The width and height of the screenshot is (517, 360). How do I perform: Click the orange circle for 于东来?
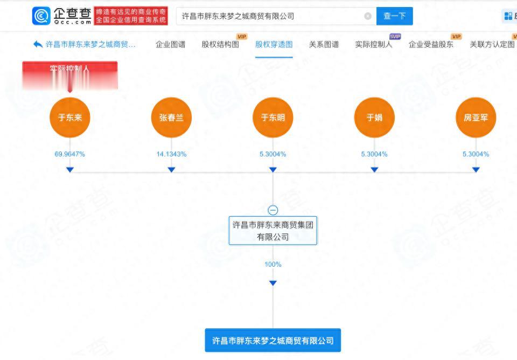pos(70,117)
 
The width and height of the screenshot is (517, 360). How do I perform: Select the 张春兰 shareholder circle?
pos(171,117)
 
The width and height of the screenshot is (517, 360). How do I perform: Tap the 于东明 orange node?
pos(273,117)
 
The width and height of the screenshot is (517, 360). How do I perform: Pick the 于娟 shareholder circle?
pos(374,117)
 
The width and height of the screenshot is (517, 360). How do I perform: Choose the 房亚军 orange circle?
pos(476,117)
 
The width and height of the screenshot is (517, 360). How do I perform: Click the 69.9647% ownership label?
pos(70,154)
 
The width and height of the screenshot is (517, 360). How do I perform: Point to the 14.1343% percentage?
pos(171,154)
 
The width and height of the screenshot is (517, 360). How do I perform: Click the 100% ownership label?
pos(273,265)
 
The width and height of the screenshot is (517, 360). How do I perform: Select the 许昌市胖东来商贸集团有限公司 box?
pos(273,231)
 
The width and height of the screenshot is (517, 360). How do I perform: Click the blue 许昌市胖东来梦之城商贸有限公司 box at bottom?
pos(273,341)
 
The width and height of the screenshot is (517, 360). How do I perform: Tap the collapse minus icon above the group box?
pos(273,210)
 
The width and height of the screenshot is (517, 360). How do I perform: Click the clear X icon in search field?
pos(368,16)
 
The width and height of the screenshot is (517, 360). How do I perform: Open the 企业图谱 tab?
pos(170,44)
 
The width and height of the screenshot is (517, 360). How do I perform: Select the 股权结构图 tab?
pos(220,44)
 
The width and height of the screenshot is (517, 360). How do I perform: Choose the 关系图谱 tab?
pos(324,44)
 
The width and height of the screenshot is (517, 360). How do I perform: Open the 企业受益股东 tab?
pos(431,44)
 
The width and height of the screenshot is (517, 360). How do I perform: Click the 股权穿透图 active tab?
pos(274,44)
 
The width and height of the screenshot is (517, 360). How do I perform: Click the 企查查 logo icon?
pos(41,16)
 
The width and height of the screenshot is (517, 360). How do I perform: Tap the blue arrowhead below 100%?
pos(273,283)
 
